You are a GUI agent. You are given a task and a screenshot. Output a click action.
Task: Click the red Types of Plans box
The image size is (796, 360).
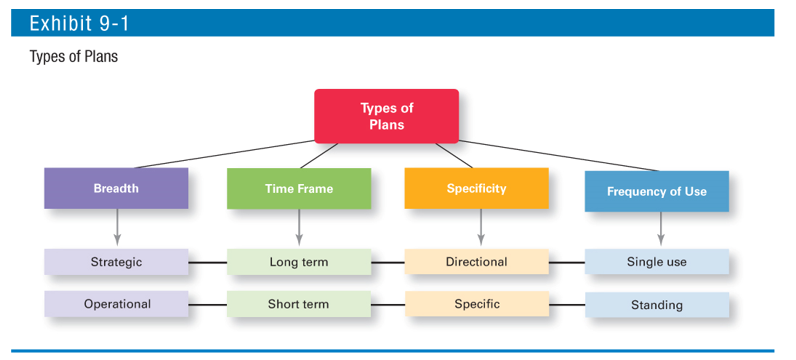[x=386, y=116]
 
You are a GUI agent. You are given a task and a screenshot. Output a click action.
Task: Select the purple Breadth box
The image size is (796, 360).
[x=116, y=188]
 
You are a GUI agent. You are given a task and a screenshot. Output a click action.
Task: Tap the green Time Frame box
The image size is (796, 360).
[x=298, y=188]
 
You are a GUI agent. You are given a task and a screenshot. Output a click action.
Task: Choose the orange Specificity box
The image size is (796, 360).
[x=476, y=188]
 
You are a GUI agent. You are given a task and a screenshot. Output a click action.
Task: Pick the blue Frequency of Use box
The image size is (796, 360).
[x=656, y=191]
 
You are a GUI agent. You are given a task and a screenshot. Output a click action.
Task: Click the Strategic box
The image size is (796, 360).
[x=116, y=262]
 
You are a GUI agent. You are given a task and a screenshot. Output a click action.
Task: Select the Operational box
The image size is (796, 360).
[x=116, y=304]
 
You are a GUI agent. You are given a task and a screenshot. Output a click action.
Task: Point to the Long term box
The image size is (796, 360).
[x=298, y=262]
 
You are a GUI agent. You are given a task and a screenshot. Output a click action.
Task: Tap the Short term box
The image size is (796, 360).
[x=298, y=304]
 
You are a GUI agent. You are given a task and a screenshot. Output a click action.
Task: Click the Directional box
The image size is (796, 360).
[x=476, y=262]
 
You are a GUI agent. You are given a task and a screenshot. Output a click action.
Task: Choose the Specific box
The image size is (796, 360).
[x=476, y=304]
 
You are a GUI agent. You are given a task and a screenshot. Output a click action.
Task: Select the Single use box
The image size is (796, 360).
[x=656, y=262]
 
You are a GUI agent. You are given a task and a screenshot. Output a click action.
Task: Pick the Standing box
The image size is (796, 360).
[x=656, y=305]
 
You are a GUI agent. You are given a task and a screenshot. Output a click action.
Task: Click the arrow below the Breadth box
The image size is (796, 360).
[x=117, y=228]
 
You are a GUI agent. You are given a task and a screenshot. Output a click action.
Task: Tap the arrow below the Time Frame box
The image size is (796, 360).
[x=298, y=228]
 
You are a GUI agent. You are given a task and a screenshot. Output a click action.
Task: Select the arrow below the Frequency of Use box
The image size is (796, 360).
[x=659, y=230]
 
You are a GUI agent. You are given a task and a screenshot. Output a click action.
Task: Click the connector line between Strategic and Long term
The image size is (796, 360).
[x=207, y=262]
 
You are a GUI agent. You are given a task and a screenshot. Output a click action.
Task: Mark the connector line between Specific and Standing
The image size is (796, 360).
[x=566, y=304]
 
